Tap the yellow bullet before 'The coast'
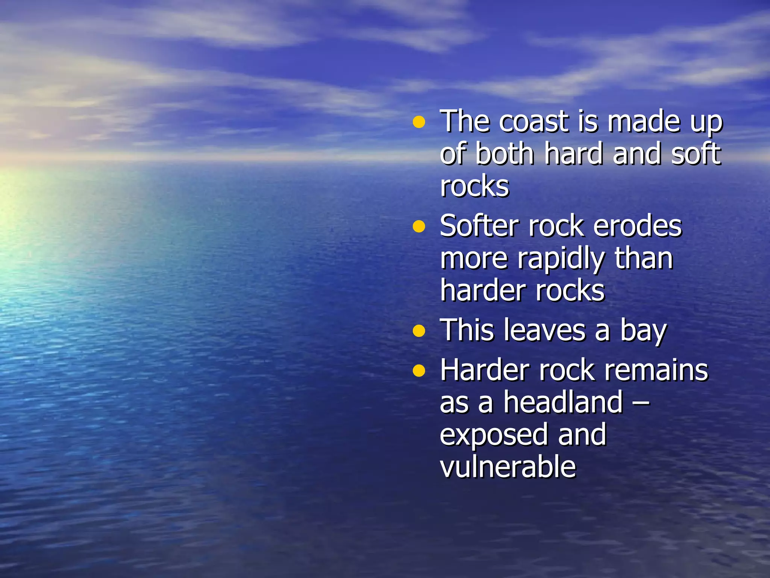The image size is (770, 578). point(418,122)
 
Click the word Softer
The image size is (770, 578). point(480,226)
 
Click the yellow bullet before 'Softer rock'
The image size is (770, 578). point(418,227)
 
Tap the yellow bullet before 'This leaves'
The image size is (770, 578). point(418,331)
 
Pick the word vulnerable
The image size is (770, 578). point(508,467)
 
